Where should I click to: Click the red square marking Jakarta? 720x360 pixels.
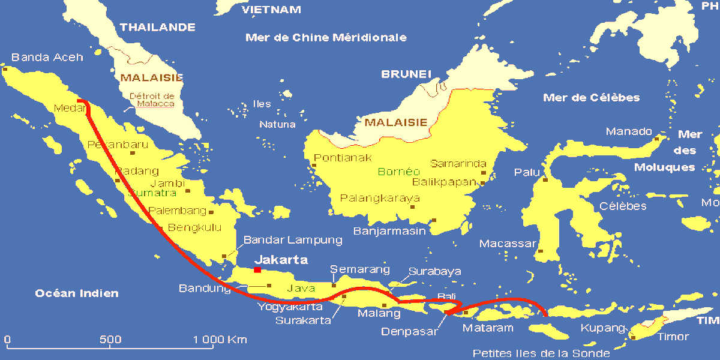pos(257,270)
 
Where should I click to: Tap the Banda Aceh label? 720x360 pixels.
pos(47,58)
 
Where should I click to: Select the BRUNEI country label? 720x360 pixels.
pos(406,74)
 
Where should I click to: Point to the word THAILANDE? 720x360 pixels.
pos(158,27)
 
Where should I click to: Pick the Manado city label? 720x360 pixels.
pos(629,131)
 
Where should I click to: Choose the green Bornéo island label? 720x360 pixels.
pos(399,171)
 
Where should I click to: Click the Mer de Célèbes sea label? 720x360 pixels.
pos(591,97)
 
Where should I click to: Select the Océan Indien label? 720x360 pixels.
pos(77,293)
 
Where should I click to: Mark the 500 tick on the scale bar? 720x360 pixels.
pos(111,339)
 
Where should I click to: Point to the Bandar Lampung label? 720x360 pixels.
pos(293,240)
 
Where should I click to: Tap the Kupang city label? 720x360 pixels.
pos(603,328)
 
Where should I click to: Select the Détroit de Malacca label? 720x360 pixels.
pos(152,100)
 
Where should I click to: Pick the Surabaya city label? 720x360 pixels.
pos(435,271)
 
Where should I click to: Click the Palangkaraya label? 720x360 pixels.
pos(380,198)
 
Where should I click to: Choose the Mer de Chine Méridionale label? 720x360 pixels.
pos(326,38)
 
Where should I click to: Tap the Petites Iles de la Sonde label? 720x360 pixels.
pos(541,353)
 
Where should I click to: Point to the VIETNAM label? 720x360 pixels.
pos(271,10)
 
